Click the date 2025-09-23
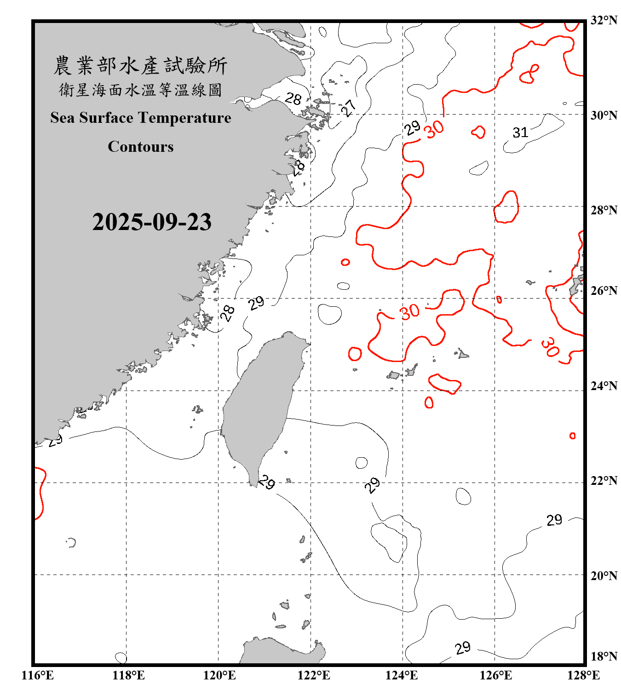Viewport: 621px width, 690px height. point(152,222)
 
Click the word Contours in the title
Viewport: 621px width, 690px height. point(141,147)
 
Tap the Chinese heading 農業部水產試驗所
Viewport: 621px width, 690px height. point(140,66)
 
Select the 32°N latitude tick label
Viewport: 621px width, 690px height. point(604,20)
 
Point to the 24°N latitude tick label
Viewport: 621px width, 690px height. point(604,386)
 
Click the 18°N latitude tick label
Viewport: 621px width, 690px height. point(604,656)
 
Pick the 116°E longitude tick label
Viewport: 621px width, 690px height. point(38,675)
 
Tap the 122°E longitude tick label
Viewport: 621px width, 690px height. point(314,675)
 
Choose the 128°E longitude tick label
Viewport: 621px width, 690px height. point(583,675)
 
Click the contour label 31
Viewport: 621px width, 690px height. point(520,133)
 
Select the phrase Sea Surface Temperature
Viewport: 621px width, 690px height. point(141,118)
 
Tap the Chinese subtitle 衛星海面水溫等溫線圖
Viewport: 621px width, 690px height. point(140,90)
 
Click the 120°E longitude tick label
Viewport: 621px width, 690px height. point(219,675)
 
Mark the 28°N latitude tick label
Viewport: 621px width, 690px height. point(604,210)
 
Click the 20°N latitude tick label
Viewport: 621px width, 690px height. point(604,575)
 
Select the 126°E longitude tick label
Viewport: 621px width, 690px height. point(495,675)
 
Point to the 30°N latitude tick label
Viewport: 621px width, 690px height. point(604,115)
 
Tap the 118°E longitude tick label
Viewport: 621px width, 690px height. point(128,675)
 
